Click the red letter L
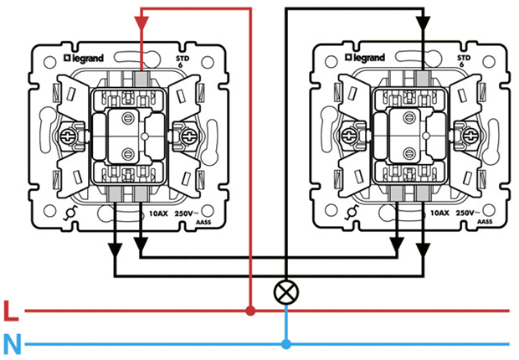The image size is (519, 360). tap(11, 311)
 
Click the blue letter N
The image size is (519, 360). tap(11, 343)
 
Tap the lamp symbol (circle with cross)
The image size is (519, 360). tap(286, 292)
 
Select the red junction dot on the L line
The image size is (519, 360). tap(250, 311)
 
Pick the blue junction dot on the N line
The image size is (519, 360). tap(286, 344)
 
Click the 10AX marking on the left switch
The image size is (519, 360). tap(159, 214)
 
